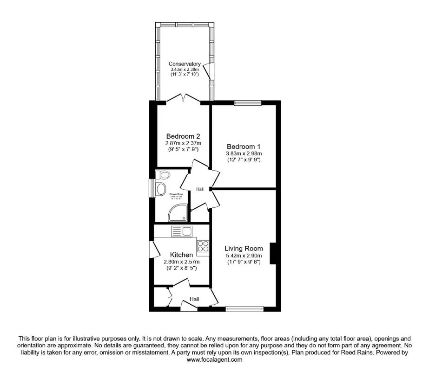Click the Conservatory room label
click(x=185, y=64)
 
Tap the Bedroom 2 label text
click(x=183, y=136)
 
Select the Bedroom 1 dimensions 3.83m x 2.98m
click(x=244, y=154)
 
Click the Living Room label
click(x=244, y=248)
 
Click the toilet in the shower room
click(x=162, y=174)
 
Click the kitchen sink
click(x=182, y=231)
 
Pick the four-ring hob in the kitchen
click(x=203, y=246)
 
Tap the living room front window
click(x=244, y=307)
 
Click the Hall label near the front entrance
click(x=194, y=300)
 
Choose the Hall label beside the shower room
click(x=200, y=189)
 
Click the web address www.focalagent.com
click(x=214, y=359)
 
